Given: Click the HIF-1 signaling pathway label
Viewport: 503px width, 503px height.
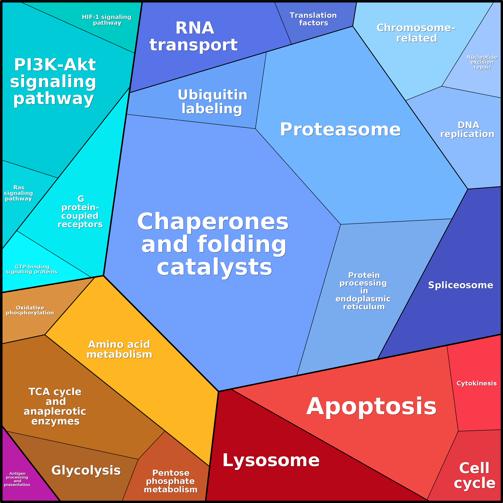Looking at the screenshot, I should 107,20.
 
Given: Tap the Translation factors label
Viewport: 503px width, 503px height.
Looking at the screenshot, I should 313,19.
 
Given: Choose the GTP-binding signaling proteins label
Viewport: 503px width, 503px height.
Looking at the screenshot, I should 32,269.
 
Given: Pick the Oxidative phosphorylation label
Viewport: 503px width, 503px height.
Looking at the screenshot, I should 30,310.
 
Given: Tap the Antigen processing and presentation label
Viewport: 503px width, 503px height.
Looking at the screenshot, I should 17,479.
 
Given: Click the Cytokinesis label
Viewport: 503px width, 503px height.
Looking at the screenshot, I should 476,383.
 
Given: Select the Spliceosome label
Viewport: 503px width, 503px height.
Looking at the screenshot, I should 461,285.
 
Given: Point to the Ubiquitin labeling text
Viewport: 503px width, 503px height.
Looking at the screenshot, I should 212,102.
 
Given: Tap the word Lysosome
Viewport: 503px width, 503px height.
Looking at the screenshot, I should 271,460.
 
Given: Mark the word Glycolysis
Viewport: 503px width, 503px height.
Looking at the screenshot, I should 86,470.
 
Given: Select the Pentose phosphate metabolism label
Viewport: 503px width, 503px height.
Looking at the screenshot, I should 171,481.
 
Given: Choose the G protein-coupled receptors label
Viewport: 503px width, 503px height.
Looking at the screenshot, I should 80,211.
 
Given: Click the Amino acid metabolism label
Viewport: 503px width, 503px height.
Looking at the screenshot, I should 120,349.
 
